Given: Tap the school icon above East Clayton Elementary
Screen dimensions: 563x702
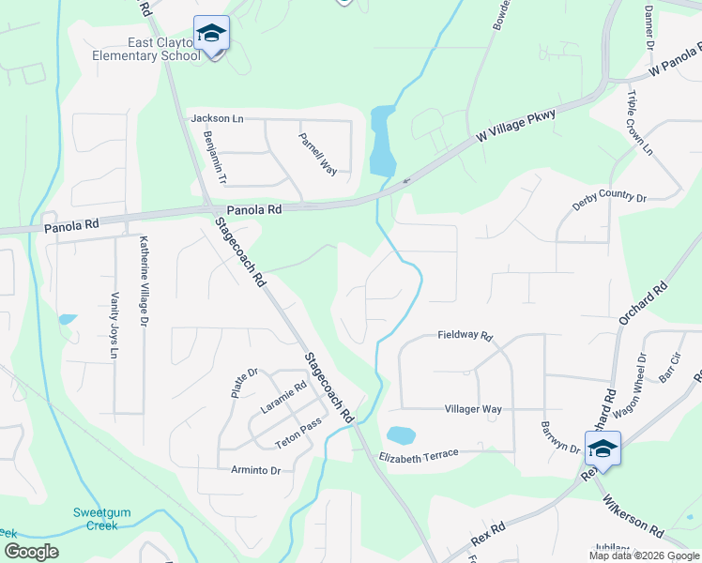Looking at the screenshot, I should point(211,34).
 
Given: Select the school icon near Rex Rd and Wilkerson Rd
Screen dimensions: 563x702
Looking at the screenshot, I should point(602,449).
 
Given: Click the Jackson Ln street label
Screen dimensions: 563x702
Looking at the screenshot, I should point(217,118).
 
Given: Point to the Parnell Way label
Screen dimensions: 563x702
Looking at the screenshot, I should point(317,154).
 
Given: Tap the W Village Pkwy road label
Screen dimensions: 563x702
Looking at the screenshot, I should point(515,127).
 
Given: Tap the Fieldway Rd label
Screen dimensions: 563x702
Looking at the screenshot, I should point(465,335).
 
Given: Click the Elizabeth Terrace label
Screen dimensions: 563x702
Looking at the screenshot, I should point(419,455).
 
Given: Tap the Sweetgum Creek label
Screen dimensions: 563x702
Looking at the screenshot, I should point(96,519).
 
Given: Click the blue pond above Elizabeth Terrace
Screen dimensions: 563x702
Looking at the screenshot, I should point(400,435).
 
